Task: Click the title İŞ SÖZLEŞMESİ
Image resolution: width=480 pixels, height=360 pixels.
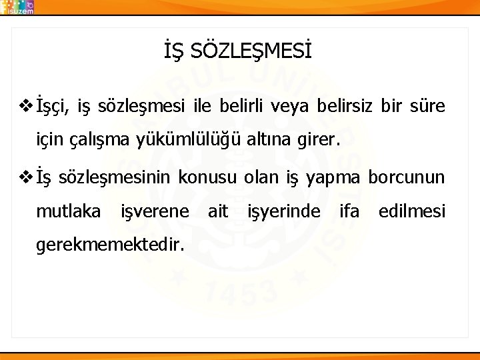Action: coord(237,51)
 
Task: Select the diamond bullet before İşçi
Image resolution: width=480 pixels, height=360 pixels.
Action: coord(26,105)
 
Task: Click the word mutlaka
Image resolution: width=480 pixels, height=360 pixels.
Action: coord(68,213)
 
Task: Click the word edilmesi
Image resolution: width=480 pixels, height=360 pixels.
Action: coord(411,213)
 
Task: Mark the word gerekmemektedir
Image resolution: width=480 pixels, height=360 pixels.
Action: coord(109,245)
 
